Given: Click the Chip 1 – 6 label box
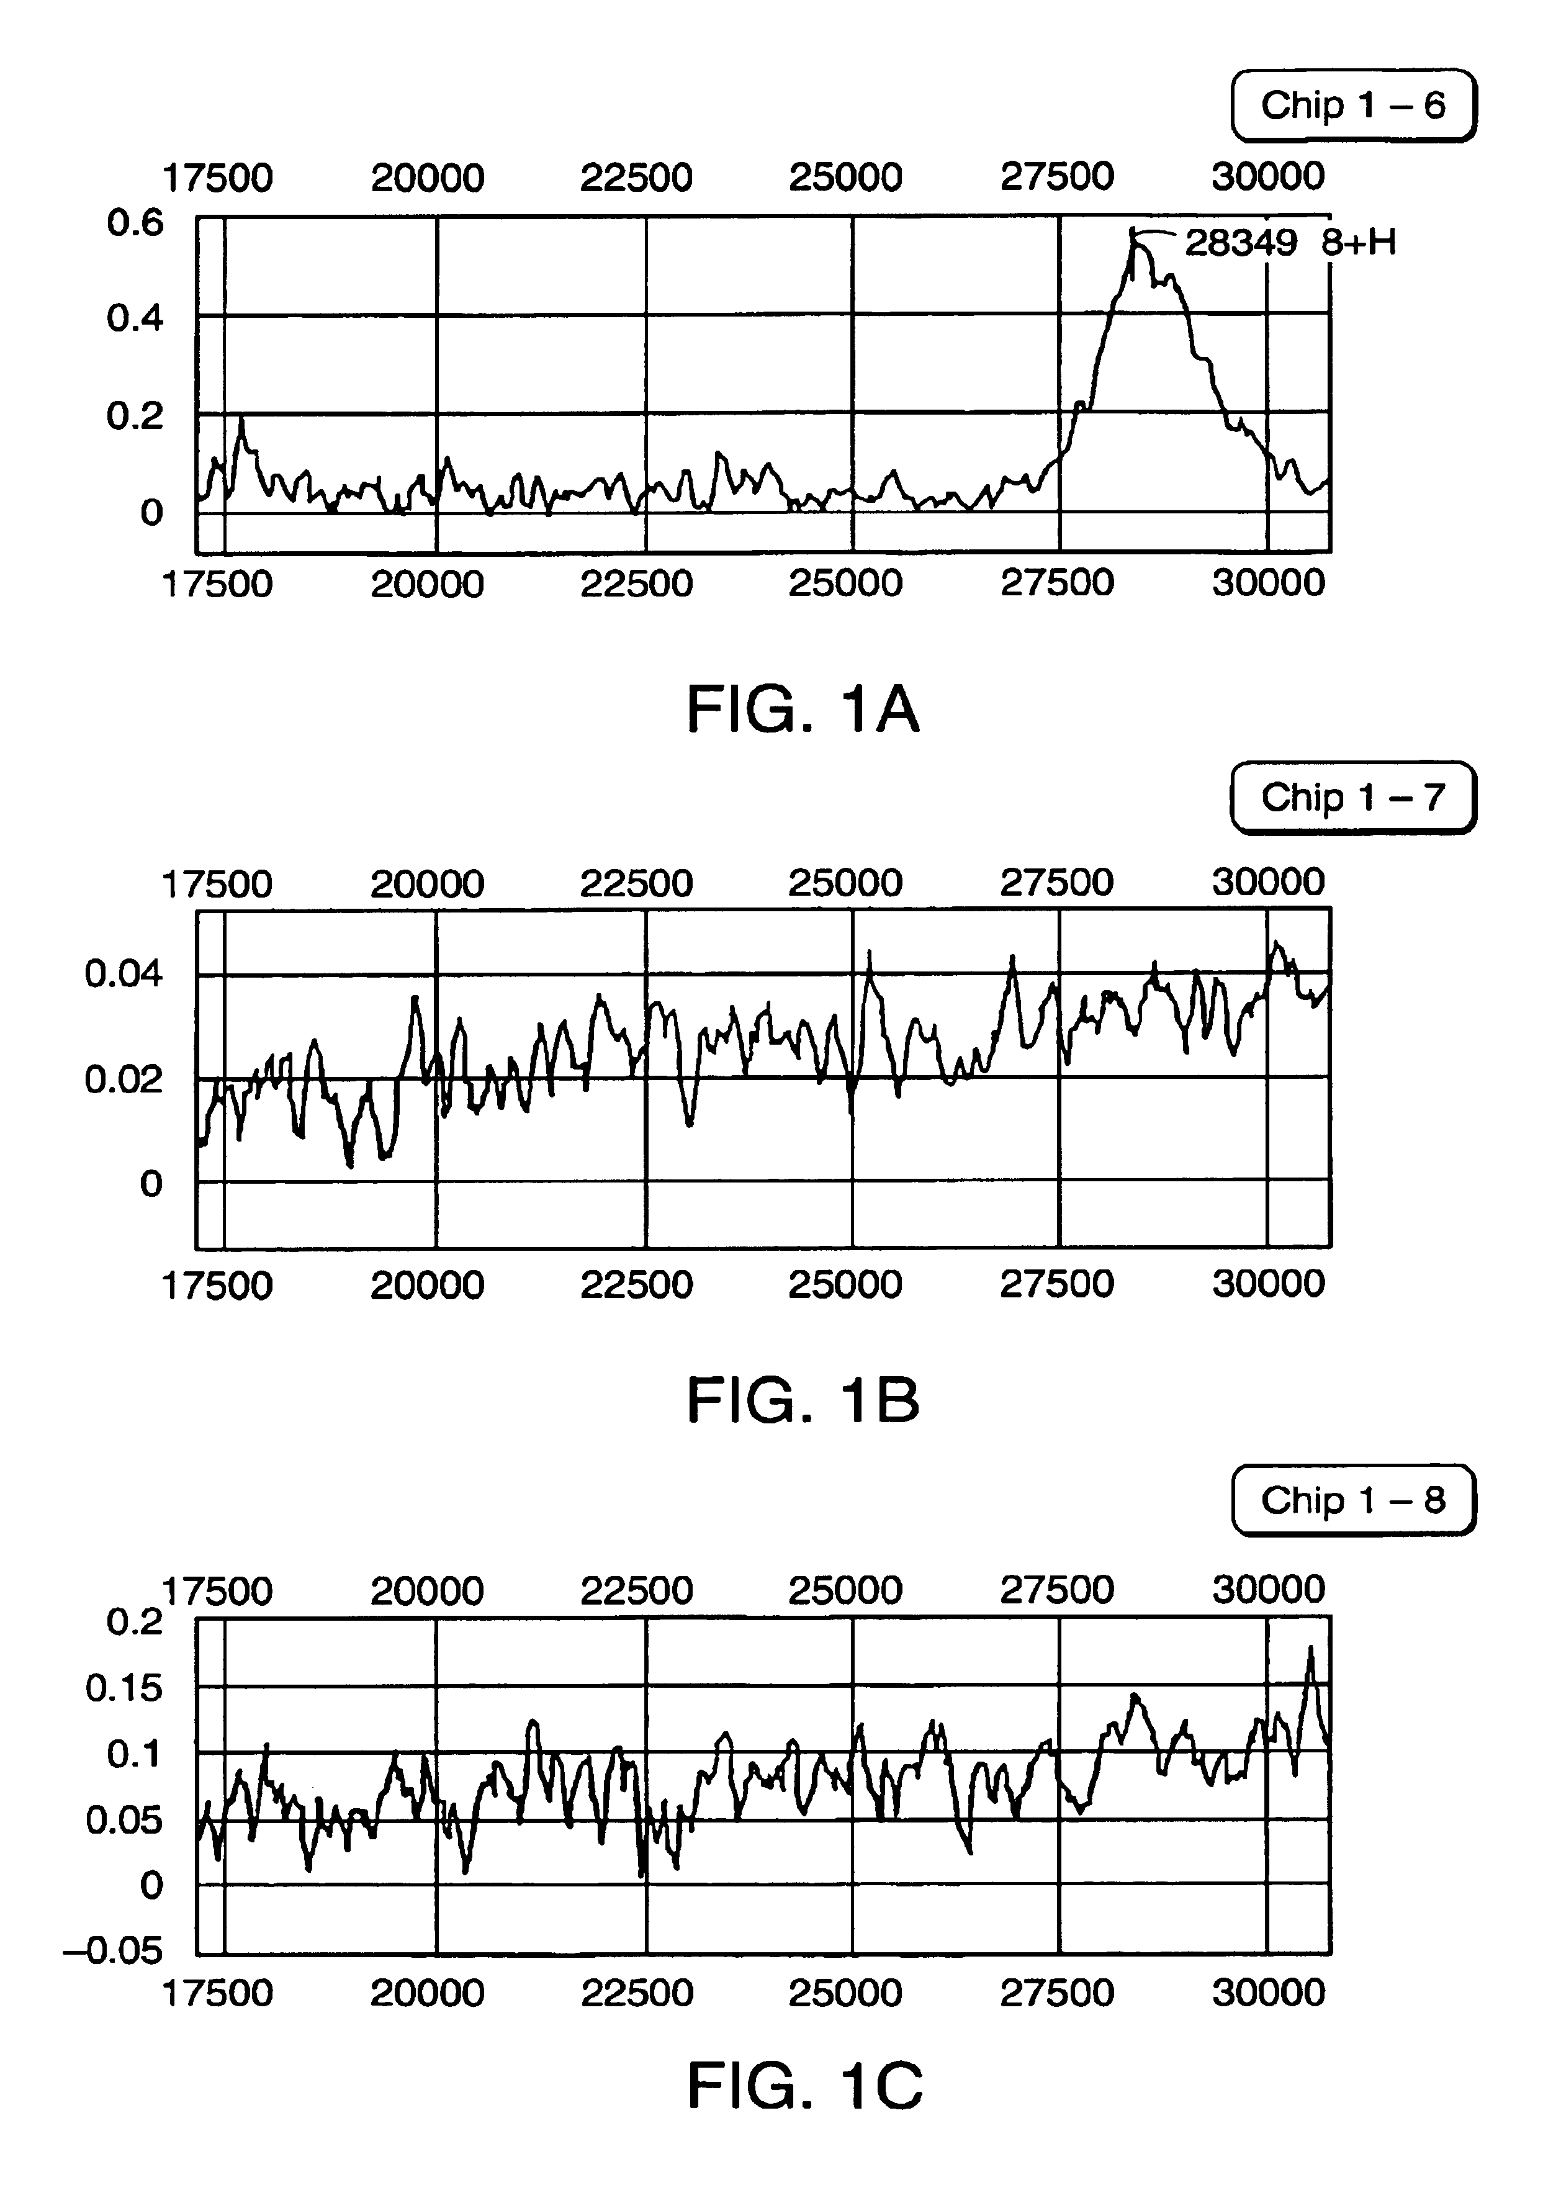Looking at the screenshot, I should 1352,105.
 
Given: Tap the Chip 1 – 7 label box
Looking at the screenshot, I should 1352,797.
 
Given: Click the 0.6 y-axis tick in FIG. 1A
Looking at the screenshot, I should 135,222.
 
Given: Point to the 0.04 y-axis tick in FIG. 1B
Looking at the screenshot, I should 124,974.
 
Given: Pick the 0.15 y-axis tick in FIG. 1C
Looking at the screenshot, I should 124,1688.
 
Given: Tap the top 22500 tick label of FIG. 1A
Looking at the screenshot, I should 636,178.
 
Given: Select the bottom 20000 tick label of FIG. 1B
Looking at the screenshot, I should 427,1284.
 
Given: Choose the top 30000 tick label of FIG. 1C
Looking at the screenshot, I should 1268,1589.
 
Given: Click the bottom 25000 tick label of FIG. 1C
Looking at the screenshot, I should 845,1993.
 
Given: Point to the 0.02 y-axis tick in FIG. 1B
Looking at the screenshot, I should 124,1079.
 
